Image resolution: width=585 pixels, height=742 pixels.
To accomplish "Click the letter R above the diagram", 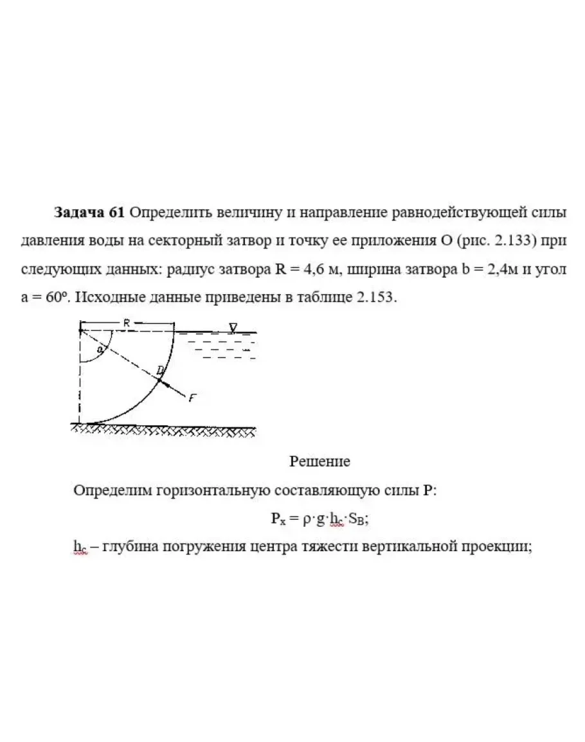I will point(127,324).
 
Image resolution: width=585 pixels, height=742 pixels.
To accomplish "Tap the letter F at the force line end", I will point(192,398).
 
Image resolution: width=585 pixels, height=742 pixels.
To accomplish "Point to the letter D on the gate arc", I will point(160,371).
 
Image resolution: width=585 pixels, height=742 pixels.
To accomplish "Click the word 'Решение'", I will point(319,461).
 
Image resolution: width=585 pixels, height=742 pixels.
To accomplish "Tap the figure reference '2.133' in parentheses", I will point(502,241).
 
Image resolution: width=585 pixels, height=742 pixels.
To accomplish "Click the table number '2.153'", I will point(371,299).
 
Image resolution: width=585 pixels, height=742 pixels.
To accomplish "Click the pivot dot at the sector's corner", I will point(80,331).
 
